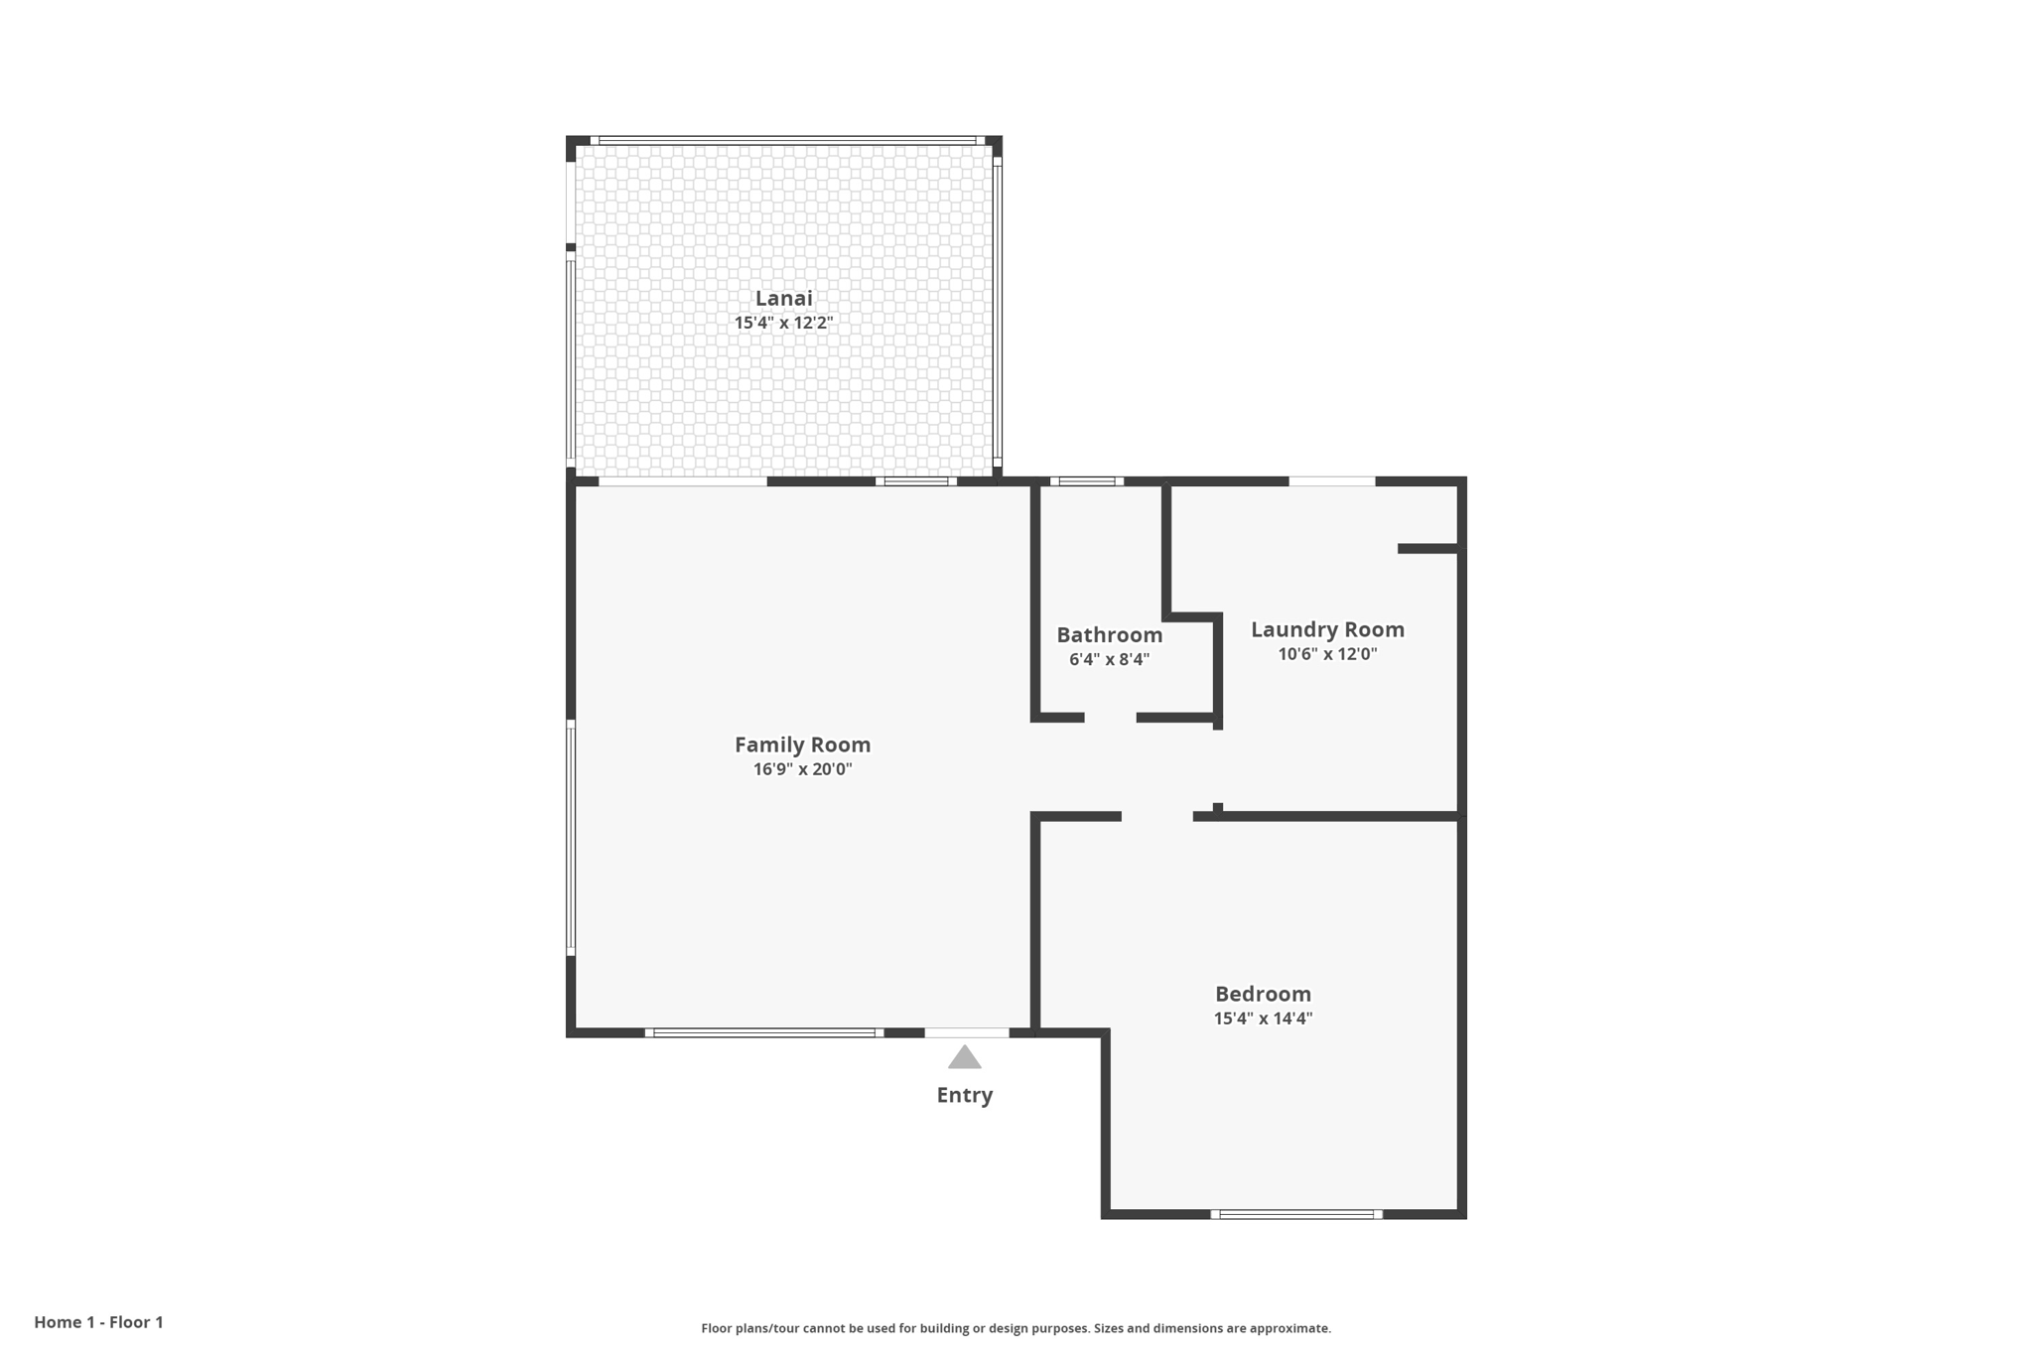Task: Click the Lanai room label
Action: (783, 298)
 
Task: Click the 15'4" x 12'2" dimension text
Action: (783, 323)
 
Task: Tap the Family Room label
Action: (802, 745)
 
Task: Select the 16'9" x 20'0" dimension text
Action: (802, 769)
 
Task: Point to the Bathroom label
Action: (1109, 635)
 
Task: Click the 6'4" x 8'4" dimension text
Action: (1109, 659)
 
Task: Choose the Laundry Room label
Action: (1327, 629)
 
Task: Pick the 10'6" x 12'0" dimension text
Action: (1327, 654)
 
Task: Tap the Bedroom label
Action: (1263, 994)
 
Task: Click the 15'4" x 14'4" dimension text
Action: (1263, 1018)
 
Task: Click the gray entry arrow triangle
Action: (964, 1058)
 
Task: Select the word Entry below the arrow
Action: (964, 1095)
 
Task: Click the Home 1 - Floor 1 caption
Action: (98, 1322)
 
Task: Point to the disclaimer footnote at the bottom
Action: (1016, 1328)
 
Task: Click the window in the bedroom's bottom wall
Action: (1295, 1214)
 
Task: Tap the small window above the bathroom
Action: (1087, 481)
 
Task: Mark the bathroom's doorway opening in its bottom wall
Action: (1110, 717)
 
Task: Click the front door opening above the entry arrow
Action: (967, 1032)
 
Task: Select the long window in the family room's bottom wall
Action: (763, 1032)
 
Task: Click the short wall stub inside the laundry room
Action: (1426, 548)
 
